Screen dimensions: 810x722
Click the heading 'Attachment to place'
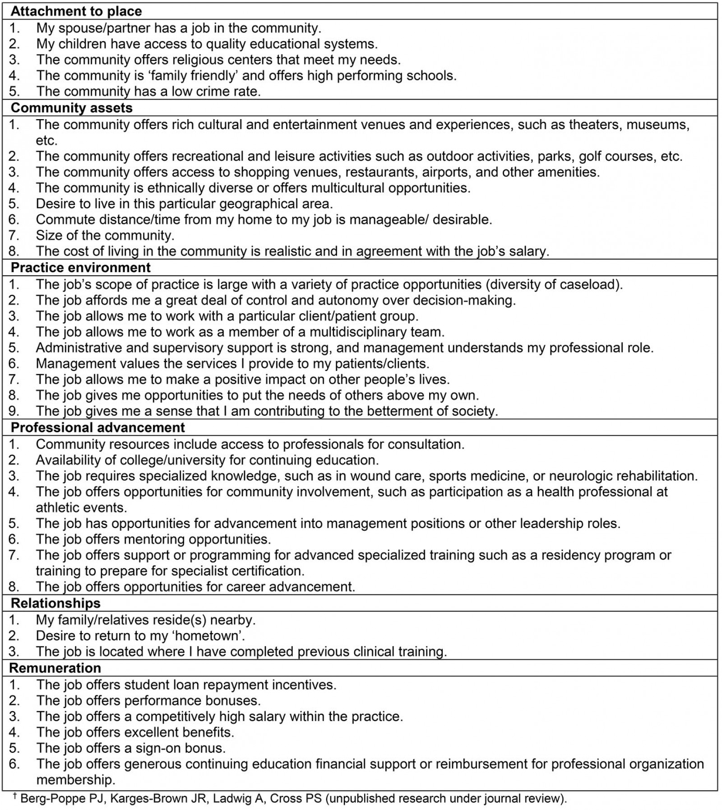click(x=76, y=11)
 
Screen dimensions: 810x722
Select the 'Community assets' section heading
click(x=71, y=108)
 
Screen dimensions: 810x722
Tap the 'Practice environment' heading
click(x=80, y=268)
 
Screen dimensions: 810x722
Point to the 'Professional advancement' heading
click(x=97, y=427)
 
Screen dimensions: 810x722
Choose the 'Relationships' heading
click(x=56, y=603)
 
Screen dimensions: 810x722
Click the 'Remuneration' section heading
click(x=55, y=668)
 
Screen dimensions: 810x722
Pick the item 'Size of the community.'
click(x=105, y=236)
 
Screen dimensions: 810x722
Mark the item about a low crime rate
click(x=148, y=91)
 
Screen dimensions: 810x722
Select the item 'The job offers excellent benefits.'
click(x=135, y=732)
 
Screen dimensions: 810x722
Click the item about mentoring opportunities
click(x=153, y=539)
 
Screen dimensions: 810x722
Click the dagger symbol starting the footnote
click(x=14, y=796)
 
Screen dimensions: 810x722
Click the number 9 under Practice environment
click(x=14, y=411)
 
